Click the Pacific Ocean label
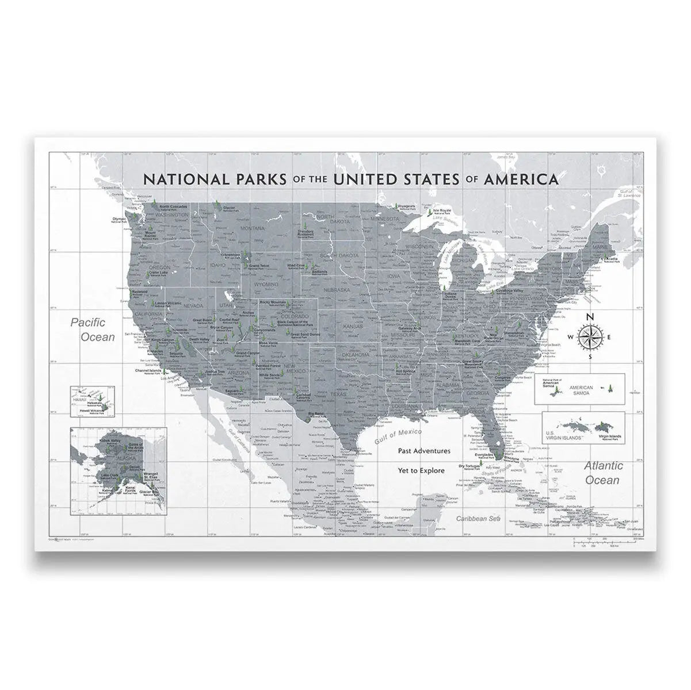(93, 330)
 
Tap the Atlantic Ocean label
(602, 473)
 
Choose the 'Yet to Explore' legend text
(421, 470)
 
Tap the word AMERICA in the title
(521, 179)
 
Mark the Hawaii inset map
(92, 401)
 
